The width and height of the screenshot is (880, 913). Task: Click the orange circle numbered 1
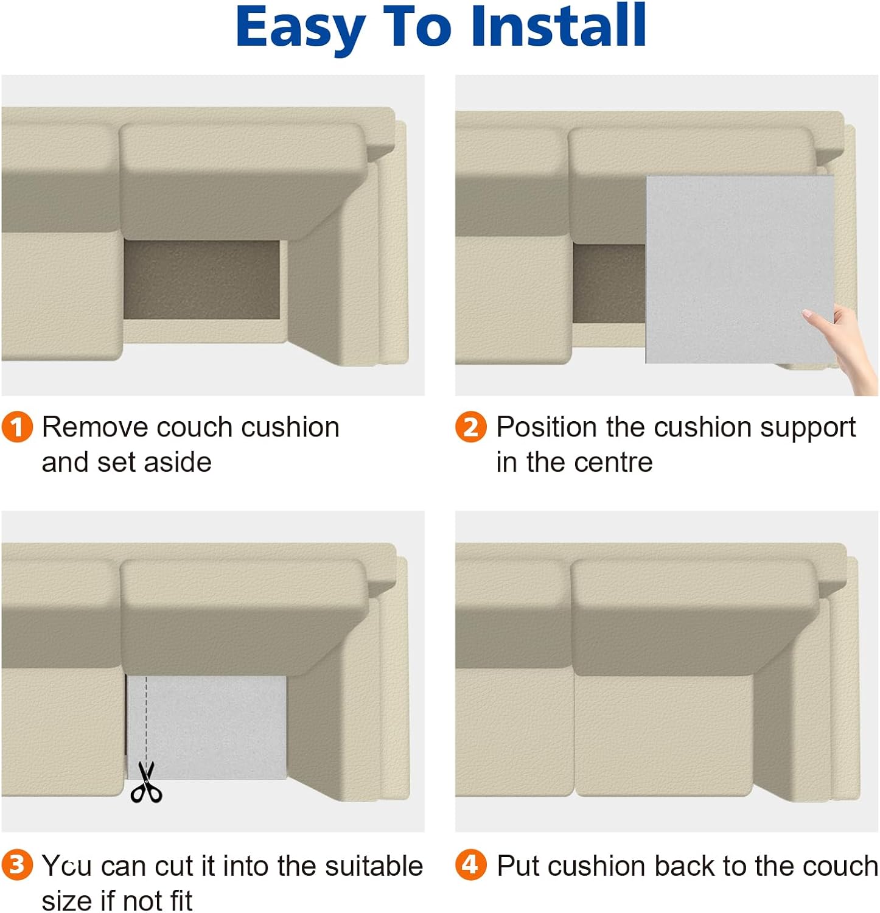click(x=17, y=427)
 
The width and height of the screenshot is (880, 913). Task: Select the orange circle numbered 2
click(x=471, y=427)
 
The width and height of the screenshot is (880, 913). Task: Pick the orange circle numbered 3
click(x=17, y=865)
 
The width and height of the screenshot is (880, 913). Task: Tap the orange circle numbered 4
click(x=471, y=865)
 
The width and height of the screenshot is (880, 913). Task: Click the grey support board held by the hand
click(x=739, y=270)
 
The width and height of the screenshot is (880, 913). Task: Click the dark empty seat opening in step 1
click(x=202, y=279)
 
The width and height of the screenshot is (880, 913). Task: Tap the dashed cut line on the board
click(x=146, y=718)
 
